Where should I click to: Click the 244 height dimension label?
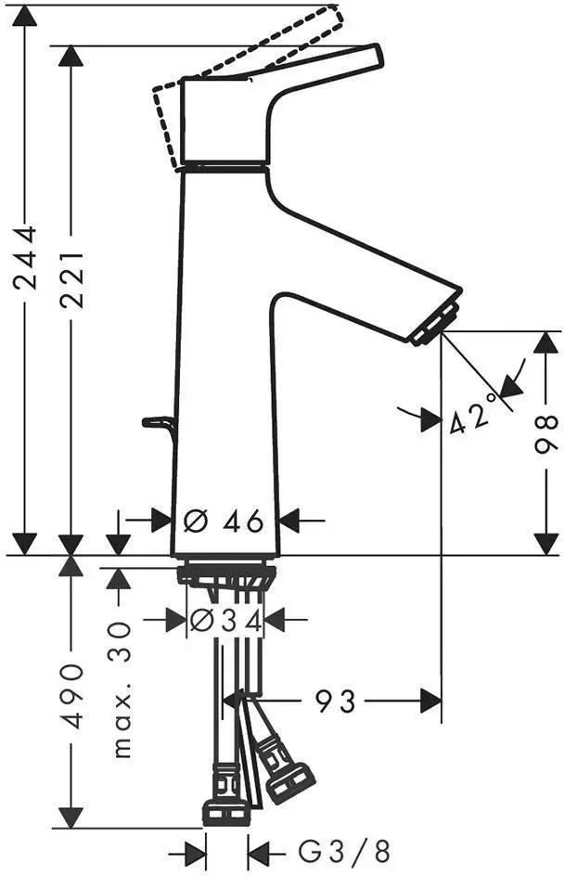point(25,257)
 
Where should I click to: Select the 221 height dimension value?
point(72,279)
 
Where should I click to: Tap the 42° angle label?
point(473,414)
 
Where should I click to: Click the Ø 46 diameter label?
point(224,522)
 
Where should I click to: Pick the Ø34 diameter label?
point(226,621)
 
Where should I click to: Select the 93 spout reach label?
point(335,702)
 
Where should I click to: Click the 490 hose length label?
point(72,696)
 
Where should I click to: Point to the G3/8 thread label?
point(343,853)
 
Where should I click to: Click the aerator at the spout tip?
point(434,324)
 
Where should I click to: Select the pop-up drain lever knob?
point(158,423)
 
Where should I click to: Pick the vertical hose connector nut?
point(225,813)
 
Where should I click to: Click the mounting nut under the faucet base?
point(226,575)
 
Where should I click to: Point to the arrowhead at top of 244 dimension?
point(24,16)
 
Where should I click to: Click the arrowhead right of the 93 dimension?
point(430,702)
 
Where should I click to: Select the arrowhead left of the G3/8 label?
point(260,854)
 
